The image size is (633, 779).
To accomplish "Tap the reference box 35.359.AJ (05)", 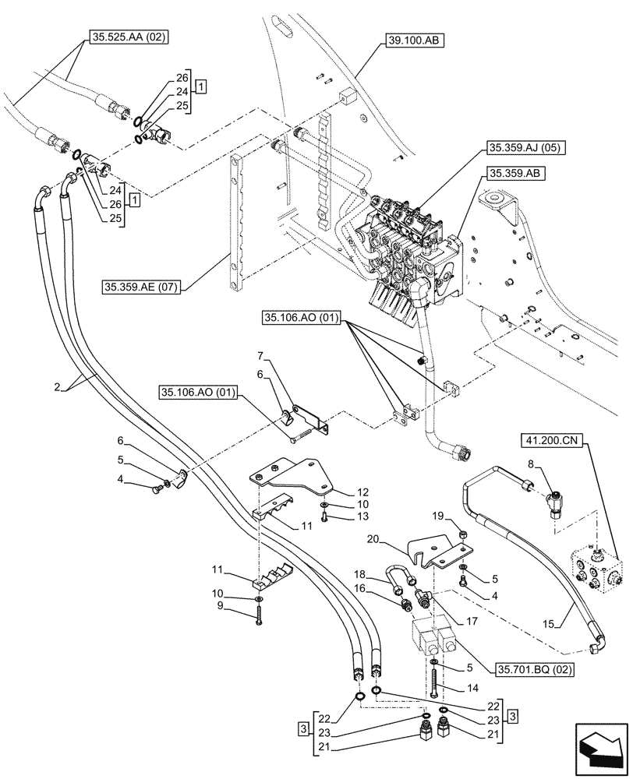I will coord(515,147).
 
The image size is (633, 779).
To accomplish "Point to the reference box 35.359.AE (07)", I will coord(140,287).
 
